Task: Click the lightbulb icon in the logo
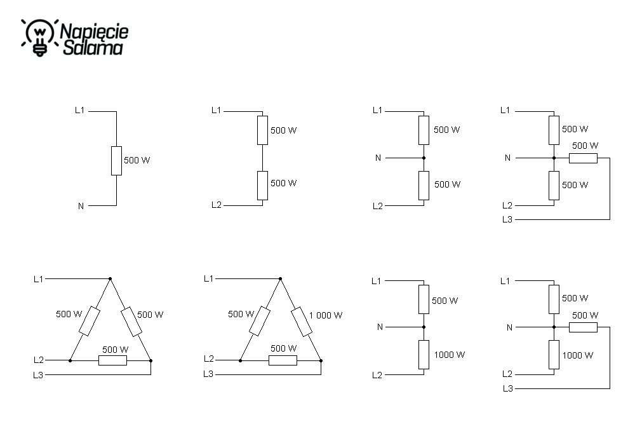click(39, 38)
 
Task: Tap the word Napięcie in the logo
click(95, 32)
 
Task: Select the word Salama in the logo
click(93, 48)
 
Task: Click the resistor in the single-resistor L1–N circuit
click(117, 161)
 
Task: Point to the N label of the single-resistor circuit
click(81, 206)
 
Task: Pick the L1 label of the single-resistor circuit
click(80, 110)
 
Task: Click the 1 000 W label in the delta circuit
click(326, 315)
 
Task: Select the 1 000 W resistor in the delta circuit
click(302, 322)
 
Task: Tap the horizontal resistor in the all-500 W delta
click(112, 360)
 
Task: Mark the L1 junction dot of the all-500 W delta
click(110, 279)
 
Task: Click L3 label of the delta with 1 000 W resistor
click(208, 374)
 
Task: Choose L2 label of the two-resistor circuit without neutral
click(217, 205)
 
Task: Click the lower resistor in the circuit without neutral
click(262, 186)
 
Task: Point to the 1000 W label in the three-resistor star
click(577, 355)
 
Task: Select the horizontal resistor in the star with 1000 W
click(583, 327)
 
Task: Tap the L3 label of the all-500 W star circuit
click(507, 220)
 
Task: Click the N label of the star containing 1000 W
click(509, 327)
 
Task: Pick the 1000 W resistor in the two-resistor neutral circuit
click(424, 355)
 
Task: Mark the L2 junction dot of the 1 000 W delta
click(241, 360)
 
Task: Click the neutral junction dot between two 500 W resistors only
click(424, 158)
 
